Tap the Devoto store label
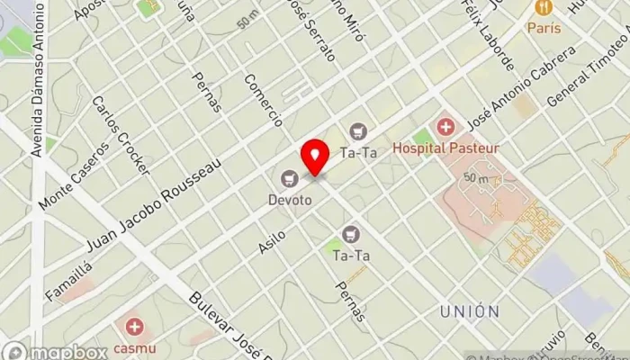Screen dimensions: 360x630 [x=289, y=200]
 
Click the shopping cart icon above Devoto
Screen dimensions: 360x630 [x=289, y=178]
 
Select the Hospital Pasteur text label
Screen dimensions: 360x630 [x=459, y=147]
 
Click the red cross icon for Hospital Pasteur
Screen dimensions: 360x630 [x=445, y=126]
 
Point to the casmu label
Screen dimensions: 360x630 [x=134, y=346]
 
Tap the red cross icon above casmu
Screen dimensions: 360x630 [x=134, y=326]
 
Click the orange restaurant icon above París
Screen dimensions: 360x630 [x=543, y=8]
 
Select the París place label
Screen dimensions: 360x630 [x=544, y=28]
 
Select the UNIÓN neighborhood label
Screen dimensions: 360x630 [x=470, y=311]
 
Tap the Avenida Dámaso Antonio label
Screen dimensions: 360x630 [x=38, y=81]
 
